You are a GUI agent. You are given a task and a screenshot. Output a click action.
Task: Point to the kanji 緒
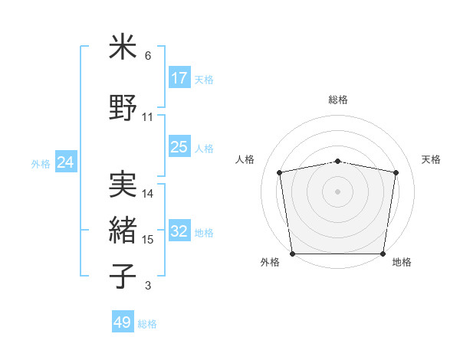[123, 230]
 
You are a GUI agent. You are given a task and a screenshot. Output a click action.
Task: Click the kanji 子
[123, 277]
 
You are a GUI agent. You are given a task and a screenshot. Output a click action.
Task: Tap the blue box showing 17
[179, 78]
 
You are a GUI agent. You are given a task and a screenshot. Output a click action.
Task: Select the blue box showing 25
[179, 147]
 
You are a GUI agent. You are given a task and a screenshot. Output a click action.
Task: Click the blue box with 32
[179, 231]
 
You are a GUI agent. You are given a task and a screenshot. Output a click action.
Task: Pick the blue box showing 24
[65, 162]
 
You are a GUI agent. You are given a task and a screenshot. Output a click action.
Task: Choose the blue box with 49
[123, 322]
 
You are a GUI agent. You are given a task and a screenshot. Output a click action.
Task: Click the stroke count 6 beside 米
[148, 56]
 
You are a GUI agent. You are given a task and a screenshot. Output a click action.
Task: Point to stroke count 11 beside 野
[148, 117]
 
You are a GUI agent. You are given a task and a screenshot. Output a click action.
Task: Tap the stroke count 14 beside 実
[148, 194]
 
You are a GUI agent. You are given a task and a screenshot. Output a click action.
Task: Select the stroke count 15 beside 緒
[148, 240]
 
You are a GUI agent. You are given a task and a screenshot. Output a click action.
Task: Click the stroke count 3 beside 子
[148, 286]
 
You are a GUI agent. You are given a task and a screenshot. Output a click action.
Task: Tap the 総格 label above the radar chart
[338, 100]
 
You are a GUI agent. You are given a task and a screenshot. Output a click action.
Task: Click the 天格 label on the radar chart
[432, 159]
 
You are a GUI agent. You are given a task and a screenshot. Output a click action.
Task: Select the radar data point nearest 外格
[292, 254]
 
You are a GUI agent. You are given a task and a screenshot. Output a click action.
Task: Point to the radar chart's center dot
[338, 191]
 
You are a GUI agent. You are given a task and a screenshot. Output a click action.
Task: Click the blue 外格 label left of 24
[41, 163]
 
